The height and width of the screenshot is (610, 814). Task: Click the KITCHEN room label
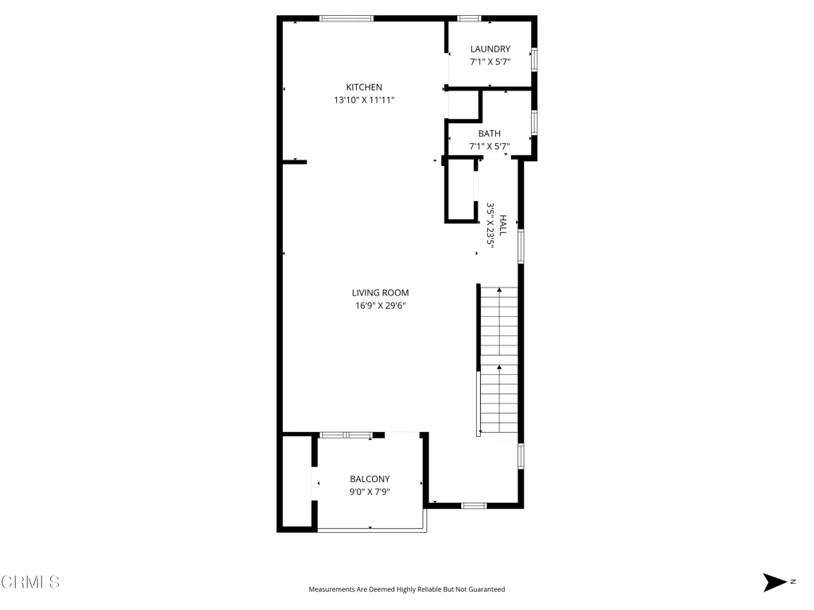pos(363,87)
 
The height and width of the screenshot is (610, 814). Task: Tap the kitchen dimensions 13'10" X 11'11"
pos(364,100)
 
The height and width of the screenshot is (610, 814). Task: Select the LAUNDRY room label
pos(490,49)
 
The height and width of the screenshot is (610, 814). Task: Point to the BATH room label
pos(489,133)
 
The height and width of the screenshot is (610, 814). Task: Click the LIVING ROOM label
pos(380,293)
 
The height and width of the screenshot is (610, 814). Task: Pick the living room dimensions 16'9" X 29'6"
pos(381,306)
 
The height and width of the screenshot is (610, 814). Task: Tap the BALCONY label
pos(370,479)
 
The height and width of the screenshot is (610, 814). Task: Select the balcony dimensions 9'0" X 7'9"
pos(370,492)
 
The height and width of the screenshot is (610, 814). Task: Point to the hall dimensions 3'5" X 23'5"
pos(491,226)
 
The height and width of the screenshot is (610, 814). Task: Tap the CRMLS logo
pos(30,582)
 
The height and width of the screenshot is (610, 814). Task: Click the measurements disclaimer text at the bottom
pos(406,589)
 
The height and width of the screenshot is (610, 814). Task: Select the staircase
pos(498,361)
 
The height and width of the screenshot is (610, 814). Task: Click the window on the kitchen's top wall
pos(346,18)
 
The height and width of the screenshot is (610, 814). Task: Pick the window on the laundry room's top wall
pos(469,18)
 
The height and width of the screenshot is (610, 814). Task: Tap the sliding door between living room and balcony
pos(346,434)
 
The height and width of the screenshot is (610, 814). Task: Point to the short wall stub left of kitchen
pos(295,162)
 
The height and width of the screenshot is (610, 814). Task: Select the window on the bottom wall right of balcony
pos(474,505)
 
